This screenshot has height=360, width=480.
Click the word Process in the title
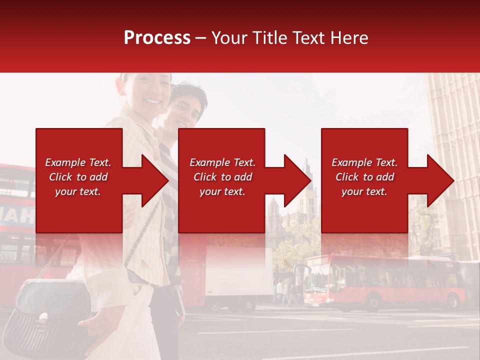pos(157,38)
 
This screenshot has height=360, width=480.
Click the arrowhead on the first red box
pos(152,180)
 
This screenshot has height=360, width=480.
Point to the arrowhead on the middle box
pos(295,180)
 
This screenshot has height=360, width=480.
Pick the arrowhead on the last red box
pos(438,180)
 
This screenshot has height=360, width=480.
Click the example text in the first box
pos(78,177)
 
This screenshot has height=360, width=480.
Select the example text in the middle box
pos(222,177)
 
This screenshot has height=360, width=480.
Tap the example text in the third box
pos(364,177)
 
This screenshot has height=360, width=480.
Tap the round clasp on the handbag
pos(43,316)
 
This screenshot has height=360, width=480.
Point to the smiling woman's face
pos(150,95)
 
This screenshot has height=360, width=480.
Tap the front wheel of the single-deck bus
pos(372,303)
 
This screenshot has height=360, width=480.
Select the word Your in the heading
pos(229,38)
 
